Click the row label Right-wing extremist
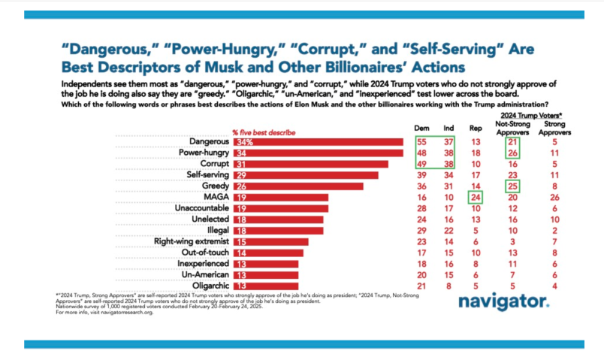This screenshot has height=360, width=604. tap(191, 241)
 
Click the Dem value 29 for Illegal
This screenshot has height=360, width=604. tap(422, 231)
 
